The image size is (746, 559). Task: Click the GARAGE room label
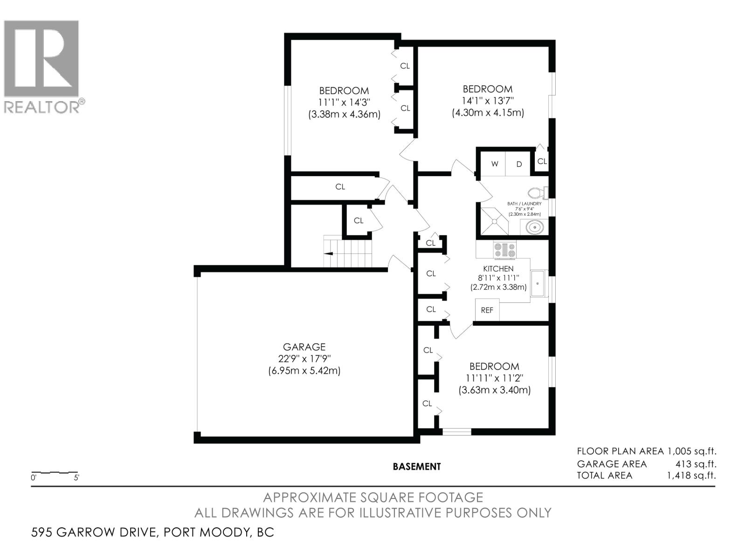pos(304,347)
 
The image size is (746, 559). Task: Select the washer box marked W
pos(495,164)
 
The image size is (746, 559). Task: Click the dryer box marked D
pos(519,164)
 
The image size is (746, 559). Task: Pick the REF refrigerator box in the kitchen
pos(487,310)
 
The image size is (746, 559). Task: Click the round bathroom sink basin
pos(534,228)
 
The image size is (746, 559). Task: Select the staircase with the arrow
pos(349,252)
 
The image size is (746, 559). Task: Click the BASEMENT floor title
pos(416,466)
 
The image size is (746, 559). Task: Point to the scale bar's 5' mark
pos(76,477)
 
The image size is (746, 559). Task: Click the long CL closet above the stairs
pos(340,187)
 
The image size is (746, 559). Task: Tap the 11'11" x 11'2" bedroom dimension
pos(494,378)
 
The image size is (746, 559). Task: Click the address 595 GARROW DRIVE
pos(93,532)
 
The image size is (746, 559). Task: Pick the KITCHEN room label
pos(498,269)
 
